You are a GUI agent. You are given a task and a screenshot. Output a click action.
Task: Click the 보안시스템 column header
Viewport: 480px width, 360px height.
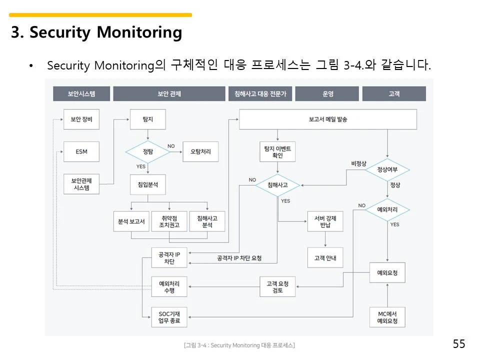pyautogui.click(x=81, y=93)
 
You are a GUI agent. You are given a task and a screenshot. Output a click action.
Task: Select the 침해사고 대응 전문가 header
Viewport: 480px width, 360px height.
pyautogui.click(x=260, y=93)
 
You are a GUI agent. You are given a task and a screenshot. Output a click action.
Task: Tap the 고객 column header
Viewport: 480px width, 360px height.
pyautogui.click(x=394, y=93)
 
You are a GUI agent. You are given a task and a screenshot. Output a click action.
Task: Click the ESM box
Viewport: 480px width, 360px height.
pyautogui.click(x=81, y=151)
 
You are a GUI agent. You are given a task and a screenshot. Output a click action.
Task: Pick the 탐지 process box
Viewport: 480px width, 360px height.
pyautogui.click(x=148, y=119)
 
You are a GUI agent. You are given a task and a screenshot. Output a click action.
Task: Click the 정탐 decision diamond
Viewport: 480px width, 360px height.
pyautogui.click(x=148, y=151)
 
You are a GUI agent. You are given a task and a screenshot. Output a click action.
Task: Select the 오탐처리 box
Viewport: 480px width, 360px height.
pyautogui.click(x=200, y=151)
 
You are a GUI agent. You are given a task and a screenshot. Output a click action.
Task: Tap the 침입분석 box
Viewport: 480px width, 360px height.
pyautogui.click(x=148, y=184)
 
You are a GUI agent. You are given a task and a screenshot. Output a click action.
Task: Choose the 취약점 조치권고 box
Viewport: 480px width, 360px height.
pyautogui.click(x=169, y=221)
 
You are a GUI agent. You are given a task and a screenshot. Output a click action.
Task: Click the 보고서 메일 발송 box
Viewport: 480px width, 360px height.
pyautogui.click(x=328, y=119)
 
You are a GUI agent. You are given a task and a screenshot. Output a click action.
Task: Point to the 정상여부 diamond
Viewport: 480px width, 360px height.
pyautogui.click(x=387, y=169)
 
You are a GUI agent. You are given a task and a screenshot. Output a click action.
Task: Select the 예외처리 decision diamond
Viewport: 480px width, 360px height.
pyautogui.click(x=387, y=209)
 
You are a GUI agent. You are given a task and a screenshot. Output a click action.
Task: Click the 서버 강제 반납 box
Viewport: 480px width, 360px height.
pyautogui.click(x=325, y=221)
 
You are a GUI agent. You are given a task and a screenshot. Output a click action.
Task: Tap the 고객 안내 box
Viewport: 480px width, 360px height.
pyautogui.click(x=325, y=258)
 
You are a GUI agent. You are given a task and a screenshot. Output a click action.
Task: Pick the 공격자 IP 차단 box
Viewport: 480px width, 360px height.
pyautogui.click(x=169, y=258)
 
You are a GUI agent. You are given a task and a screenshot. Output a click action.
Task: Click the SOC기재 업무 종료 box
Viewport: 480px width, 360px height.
pyautogui.click(x=169, y=317)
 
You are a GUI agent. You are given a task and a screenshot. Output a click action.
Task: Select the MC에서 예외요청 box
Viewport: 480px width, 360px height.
pyautogui.click(x=387, y=317)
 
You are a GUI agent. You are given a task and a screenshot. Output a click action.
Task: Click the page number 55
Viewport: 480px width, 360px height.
pyautogui.click(x=459, y=344)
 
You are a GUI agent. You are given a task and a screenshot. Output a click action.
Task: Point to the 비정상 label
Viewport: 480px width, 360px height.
pyautogui.click(x=358, y=163)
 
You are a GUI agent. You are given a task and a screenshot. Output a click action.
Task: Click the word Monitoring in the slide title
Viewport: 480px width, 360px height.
pyautogui.click(x=139, y=32)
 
